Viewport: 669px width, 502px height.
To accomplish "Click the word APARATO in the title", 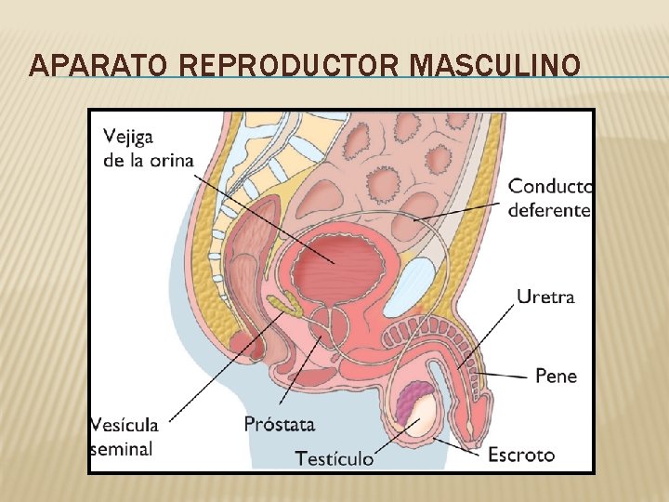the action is pos(86,66).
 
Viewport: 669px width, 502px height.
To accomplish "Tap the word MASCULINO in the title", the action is pos(495,66).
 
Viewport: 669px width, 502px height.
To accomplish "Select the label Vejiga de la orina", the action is pos(149,147).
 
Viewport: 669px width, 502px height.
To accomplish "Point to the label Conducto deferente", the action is pos(550,198).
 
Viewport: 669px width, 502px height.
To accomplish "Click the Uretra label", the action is pos(545,297).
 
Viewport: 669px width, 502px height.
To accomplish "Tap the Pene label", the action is pos(556,376).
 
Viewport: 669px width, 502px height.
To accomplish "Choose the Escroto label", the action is pos(521,455).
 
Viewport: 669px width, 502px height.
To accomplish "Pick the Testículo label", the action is pos(334,458).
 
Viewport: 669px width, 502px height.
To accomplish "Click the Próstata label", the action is pos(280,425).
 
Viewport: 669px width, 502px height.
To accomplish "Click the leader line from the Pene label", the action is pos(506,374).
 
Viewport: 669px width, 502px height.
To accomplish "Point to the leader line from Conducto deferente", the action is pos(465,212).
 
